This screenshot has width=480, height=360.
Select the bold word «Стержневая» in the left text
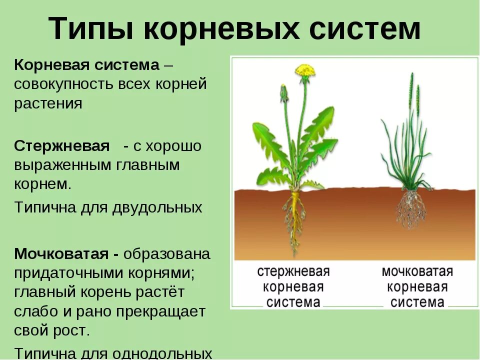[x=62, y=146]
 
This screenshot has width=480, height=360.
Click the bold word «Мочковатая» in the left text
[x=63, y=253]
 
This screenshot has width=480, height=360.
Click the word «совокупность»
[x=63, y=84]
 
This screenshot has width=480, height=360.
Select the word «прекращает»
[x=161, y=312]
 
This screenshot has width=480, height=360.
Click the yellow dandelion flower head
[x=305, y=71]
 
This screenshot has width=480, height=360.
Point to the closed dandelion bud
[x=284, y=93]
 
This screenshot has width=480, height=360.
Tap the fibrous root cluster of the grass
[x=411, y=207]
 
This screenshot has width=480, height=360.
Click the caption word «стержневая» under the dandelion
[x=293, y=272]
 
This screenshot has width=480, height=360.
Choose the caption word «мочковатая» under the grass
[x=417, y=272]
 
